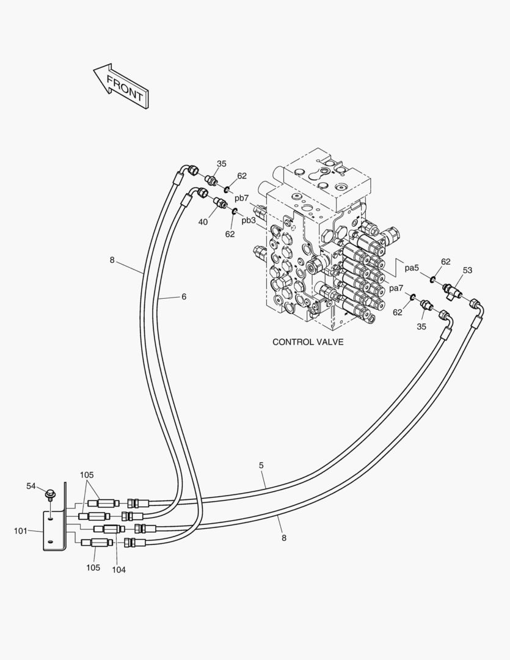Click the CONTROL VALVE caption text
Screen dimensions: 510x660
(308, 342)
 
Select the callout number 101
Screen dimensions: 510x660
(21, 531)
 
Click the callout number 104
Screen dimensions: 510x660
(118, 570)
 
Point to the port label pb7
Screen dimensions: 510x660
(242, 198)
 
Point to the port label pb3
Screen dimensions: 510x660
(248, 220)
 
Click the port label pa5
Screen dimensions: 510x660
(412, 267)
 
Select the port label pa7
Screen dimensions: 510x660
(396, 288)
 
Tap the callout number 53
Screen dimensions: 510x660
(467, 270)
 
